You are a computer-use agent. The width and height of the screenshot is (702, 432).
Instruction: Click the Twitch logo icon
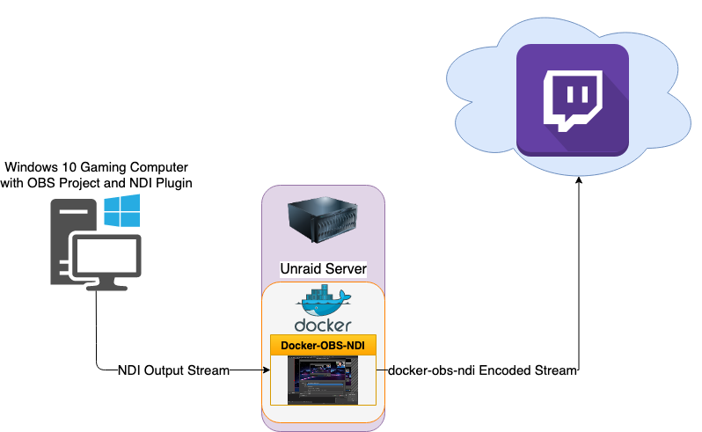[x=571, y=99]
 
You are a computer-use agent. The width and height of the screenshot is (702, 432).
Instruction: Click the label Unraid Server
[x=323, y=267]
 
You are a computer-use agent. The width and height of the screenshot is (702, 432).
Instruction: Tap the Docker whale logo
[x=325, y=300]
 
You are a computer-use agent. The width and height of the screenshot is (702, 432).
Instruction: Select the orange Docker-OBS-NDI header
[x=323, y=346]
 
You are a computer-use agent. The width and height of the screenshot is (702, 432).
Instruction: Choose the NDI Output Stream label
[x=173, y=371]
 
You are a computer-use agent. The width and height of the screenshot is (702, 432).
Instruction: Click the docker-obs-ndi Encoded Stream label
[x=482, y=371]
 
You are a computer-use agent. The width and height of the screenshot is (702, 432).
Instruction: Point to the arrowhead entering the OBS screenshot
[x=266, y=371]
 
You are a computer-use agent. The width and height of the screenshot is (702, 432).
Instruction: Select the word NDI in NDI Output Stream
[x=129, y=371]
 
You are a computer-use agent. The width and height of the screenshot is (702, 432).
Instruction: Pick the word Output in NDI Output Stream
[x=165, y=371]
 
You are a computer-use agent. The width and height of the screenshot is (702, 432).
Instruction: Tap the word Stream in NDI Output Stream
[x=210, y=371]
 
